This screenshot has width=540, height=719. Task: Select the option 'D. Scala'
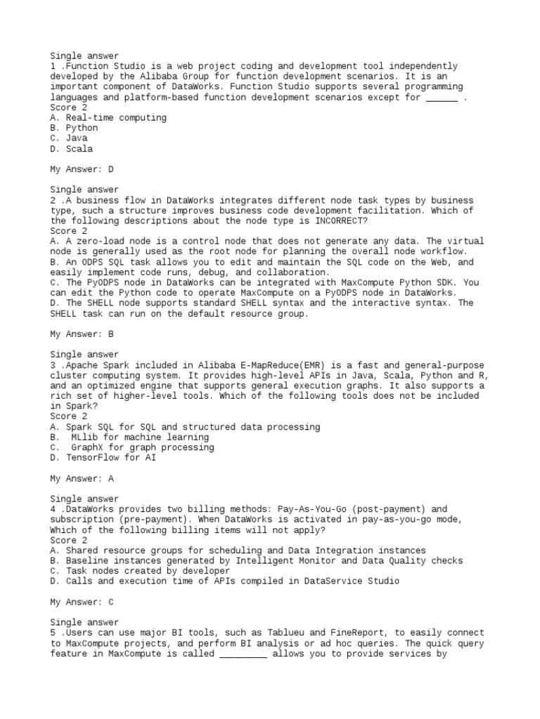(71, 149)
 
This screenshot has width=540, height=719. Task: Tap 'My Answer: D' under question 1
(82, 169)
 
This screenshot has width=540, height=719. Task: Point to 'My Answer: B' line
(82, 334)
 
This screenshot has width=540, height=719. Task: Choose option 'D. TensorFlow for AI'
(103, 458)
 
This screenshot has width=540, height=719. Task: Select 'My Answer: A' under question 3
(82, 478)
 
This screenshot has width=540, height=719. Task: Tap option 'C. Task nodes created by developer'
(139, 571)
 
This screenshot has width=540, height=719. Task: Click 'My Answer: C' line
(82, 602)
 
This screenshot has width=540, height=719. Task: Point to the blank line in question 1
(442, 98)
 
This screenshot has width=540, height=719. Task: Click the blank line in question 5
(243, 654)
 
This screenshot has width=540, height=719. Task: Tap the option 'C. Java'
(68, 138)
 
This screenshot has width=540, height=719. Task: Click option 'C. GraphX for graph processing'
(132, 447)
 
